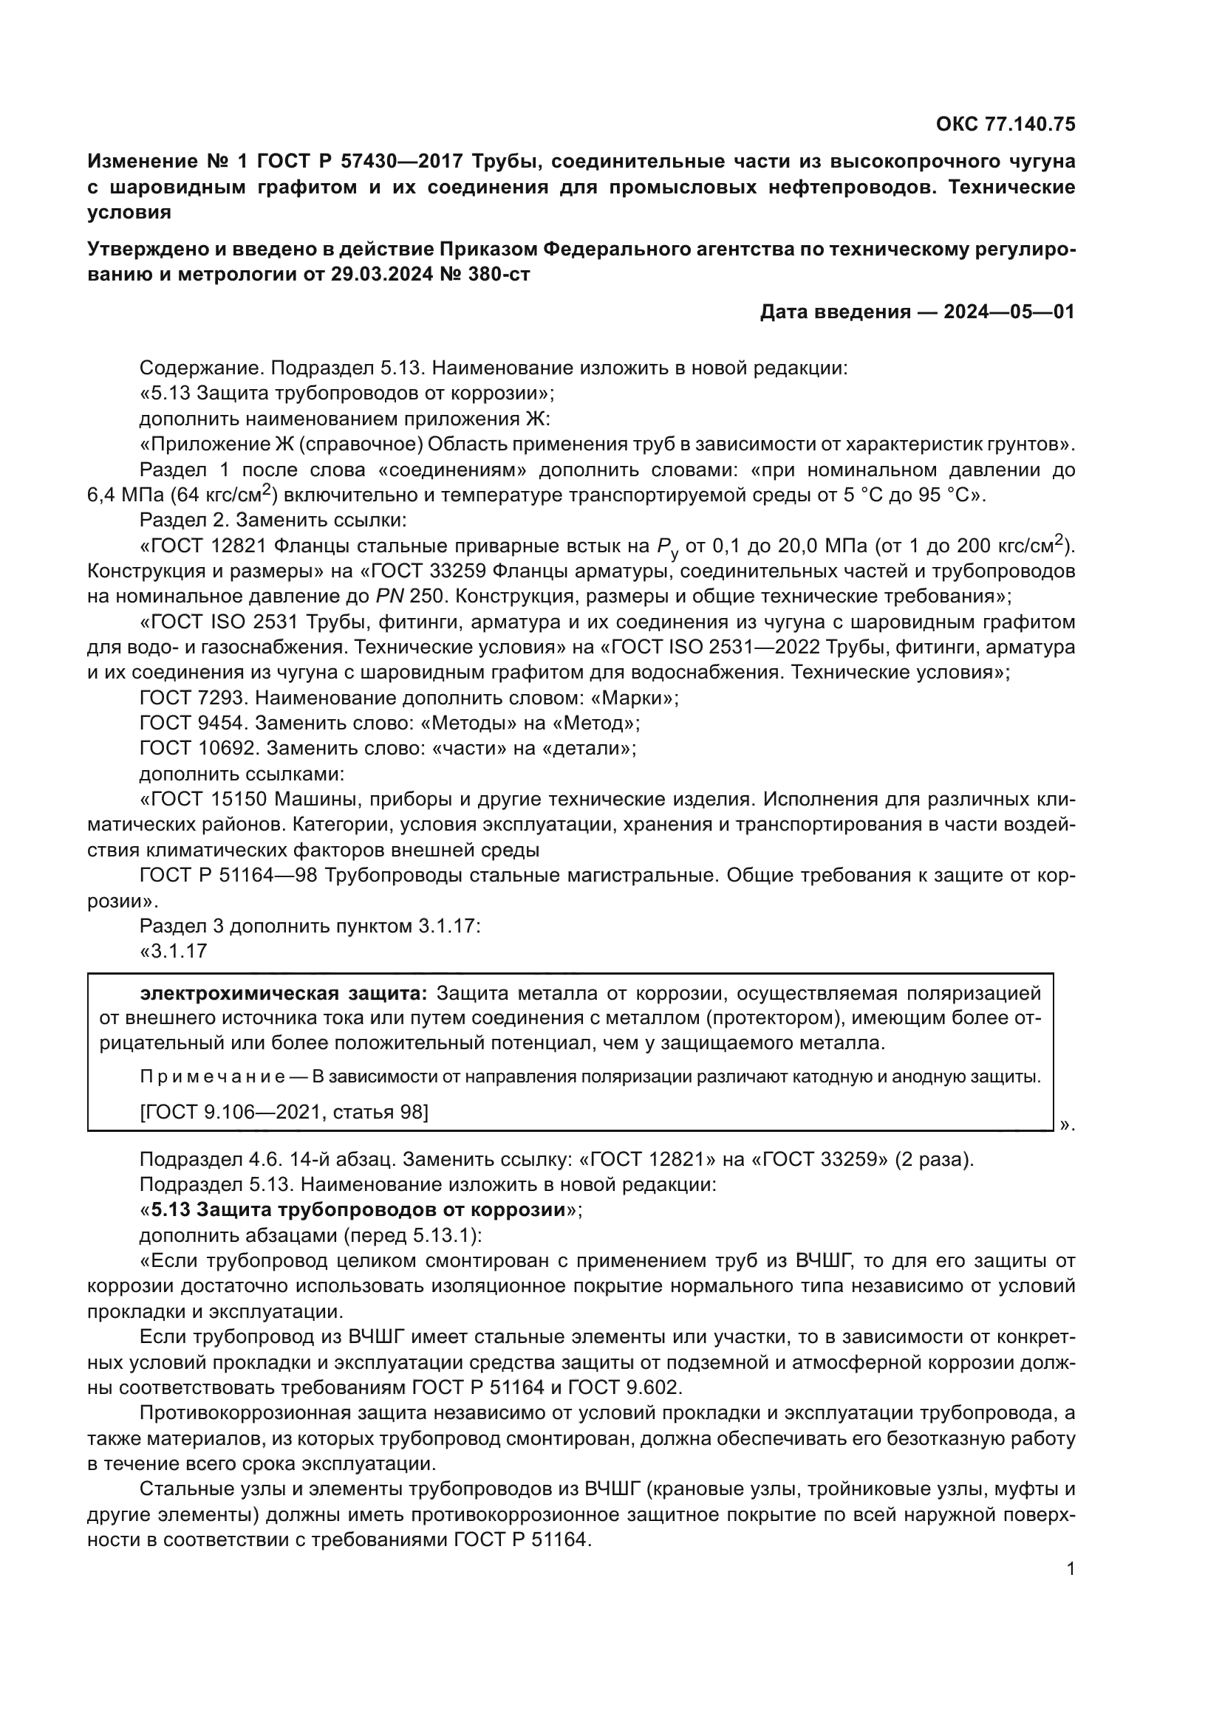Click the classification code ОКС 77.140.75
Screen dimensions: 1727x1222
tap(1006, 124)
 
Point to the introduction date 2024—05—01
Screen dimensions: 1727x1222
tap(1009, 312)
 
